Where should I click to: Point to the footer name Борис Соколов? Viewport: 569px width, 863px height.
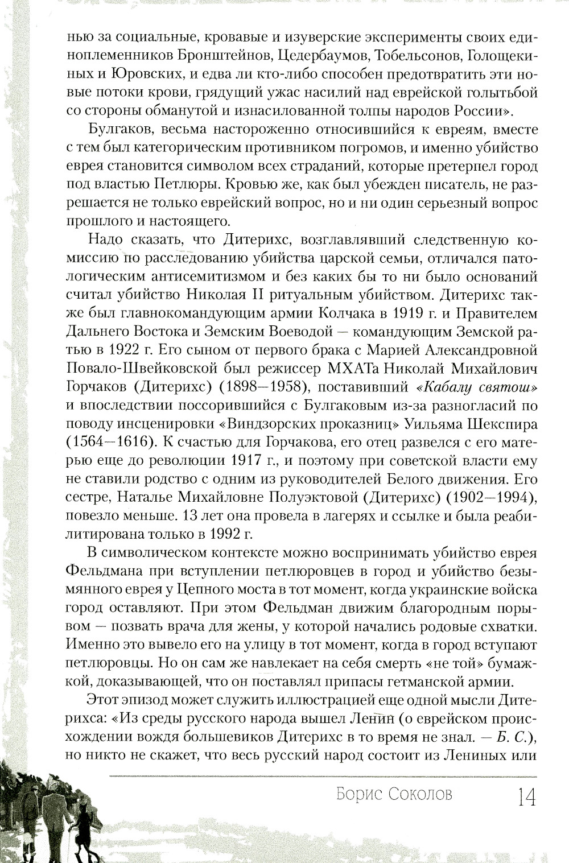click(395, 795)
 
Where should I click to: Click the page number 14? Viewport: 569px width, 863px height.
click(526, 797)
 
